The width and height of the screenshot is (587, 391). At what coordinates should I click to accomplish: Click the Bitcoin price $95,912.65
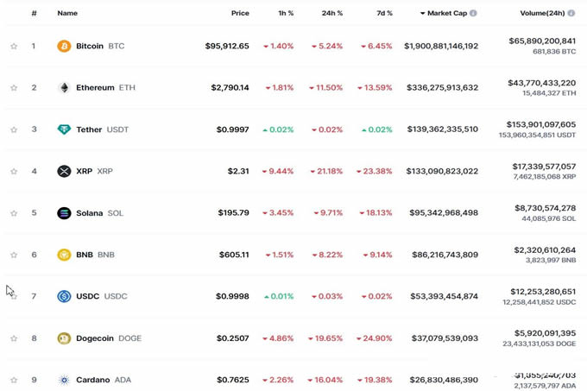pyautogui.click(x=227, y=46)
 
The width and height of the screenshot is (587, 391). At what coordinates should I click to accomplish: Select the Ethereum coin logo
pyautogui.click(x=64, y=87)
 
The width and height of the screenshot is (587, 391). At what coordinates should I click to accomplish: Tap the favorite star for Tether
pyautogui.click(x=14, y=129)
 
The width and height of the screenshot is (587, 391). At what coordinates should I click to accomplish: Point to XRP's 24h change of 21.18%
pyautogui.click(x=328, y=171)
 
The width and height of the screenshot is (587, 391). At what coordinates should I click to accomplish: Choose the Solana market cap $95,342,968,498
pyautogui.click(x=444, y=212)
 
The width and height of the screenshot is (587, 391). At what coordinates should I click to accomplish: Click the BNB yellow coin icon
pyautogui.click(x=64, y=255)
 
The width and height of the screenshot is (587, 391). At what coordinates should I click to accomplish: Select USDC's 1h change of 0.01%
pyautogui.click(x=278, y=296)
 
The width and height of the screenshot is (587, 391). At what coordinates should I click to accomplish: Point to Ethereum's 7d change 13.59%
pyautogui.click(x=376, y=87)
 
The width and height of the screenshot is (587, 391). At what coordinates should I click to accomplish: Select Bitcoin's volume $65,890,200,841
pyautogui.click(x=542, y=41)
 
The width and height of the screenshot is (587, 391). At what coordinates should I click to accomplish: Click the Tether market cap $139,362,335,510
pyautogui.click(x=441, y=129)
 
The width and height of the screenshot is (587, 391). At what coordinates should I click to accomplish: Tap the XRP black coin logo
pyautogui.click(x=64, y=171)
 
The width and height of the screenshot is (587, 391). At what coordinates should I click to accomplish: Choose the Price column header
pyautogui.click(x=240, y=13)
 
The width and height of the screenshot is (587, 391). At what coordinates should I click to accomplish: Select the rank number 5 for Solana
pyautogui.click(x=35, y=212)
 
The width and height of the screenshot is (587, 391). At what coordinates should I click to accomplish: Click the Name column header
pyautogui.click(x=67, y=13)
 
